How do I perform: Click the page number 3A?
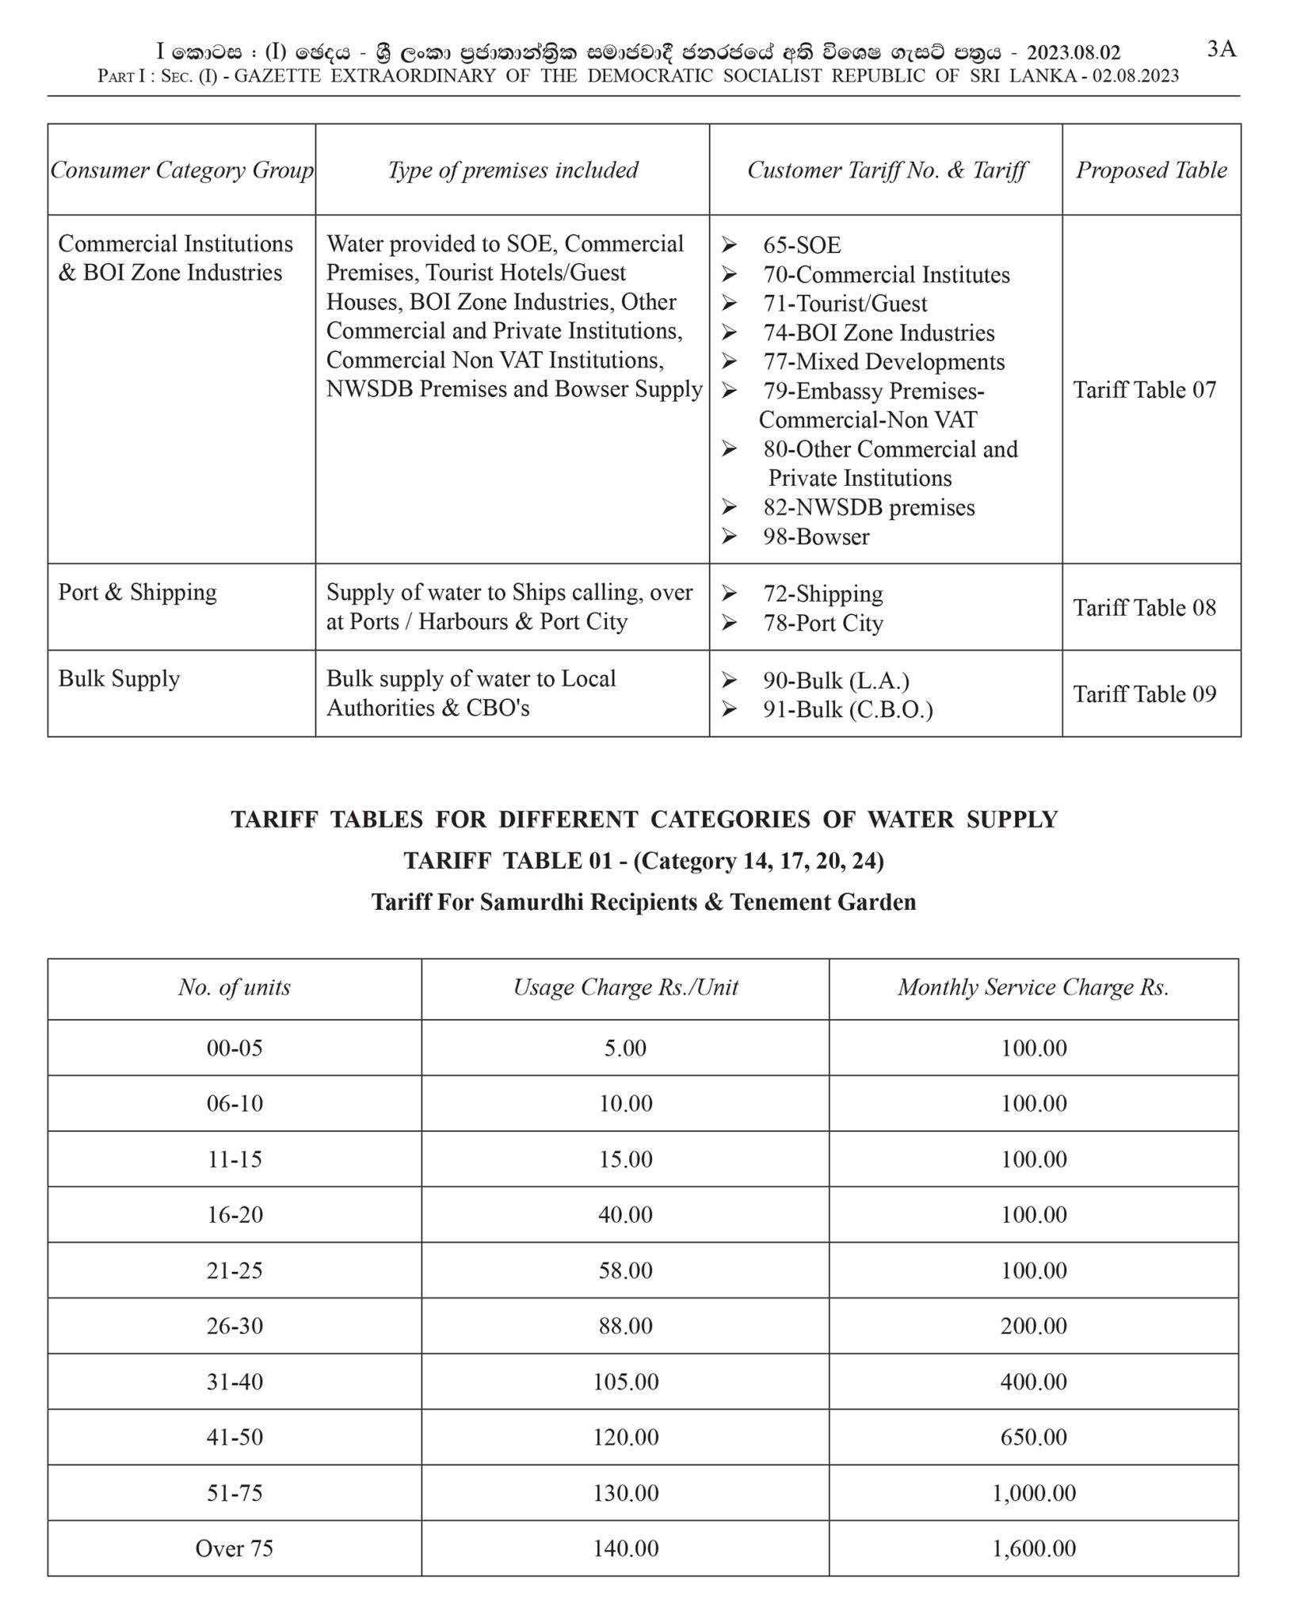[x=1221, y=49]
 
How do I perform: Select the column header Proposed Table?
[x=1150, y=170]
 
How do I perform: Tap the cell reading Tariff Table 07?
[x=1144, y=390]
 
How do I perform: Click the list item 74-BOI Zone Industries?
[x=878, y=333]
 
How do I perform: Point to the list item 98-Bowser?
[x=815, y=537]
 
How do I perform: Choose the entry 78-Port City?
[x=822, y=623]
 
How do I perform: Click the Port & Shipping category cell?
[x=137, y=593]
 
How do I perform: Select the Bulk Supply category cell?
[x=119, y=679]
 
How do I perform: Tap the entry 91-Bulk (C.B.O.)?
[x=847, y=709]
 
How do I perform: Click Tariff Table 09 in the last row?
[x=1144, y=694]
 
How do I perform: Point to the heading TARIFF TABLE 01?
[x=643, y=861]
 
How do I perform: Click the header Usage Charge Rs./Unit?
[x=625, y=987]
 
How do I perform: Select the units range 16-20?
[x=235, y=1214]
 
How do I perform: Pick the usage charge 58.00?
[x=625, y=1270]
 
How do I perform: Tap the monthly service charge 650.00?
[x=1033, y=1437]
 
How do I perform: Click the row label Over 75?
[x=235, y=1549]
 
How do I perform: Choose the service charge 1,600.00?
[x=1033, y=1549]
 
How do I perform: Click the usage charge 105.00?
[x=625, y=1381]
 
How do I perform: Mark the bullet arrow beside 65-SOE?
[x=729, y=246]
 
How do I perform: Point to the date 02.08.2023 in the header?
[x=1135, y=76]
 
